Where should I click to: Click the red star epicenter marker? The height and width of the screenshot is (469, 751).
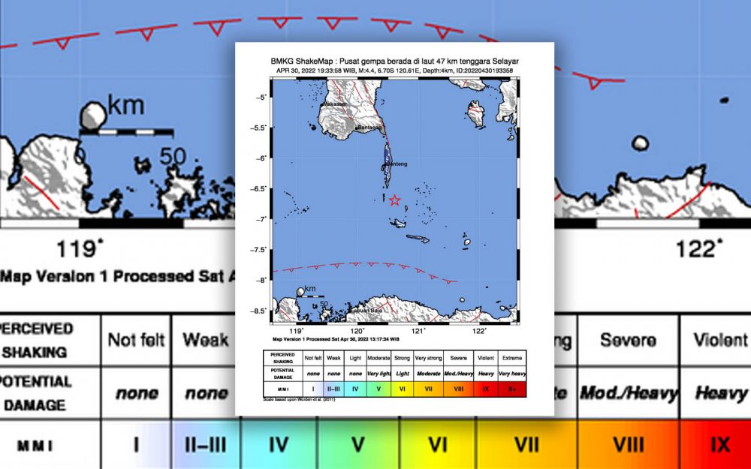(395, 200)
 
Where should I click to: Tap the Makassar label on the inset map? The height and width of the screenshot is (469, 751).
(335, 104)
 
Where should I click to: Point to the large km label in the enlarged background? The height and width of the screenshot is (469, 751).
(125, 106)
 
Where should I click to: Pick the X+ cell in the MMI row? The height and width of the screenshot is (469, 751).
(512, 389)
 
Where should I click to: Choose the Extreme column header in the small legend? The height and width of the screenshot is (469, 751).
(512, 358)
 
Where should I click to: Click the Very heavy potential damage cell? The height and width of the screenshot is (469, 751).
(512, 374)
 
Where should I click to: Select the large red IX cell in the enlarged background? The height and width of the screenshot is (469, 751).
(719, 444)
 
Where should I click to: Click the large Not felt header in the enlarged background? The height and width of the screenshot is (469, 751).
(136, 341)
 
